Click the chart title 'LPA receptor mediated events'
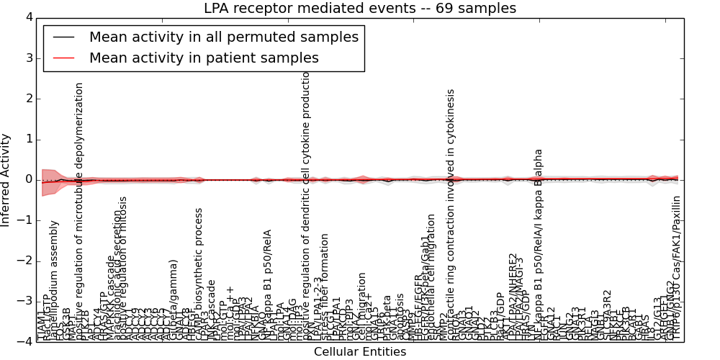360,9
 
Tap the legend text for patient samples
204,58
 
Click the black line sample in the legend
63,37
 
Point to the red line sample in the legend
63,58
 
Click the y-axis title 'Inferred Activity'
6,179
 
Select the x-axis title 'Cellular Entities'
360,352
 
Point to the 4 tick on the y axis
28,17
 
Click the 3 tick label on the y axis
28,58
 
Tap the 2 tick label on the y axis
28,99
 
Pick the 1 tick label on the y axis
28,139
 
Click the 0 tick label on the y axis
28,179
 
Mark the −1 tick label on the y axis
25,220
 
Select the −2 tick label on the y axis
25,261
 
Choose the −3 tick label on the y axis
25,301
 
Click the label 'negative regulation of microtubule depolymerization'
80,209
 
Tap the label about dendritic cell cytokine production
306,209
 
